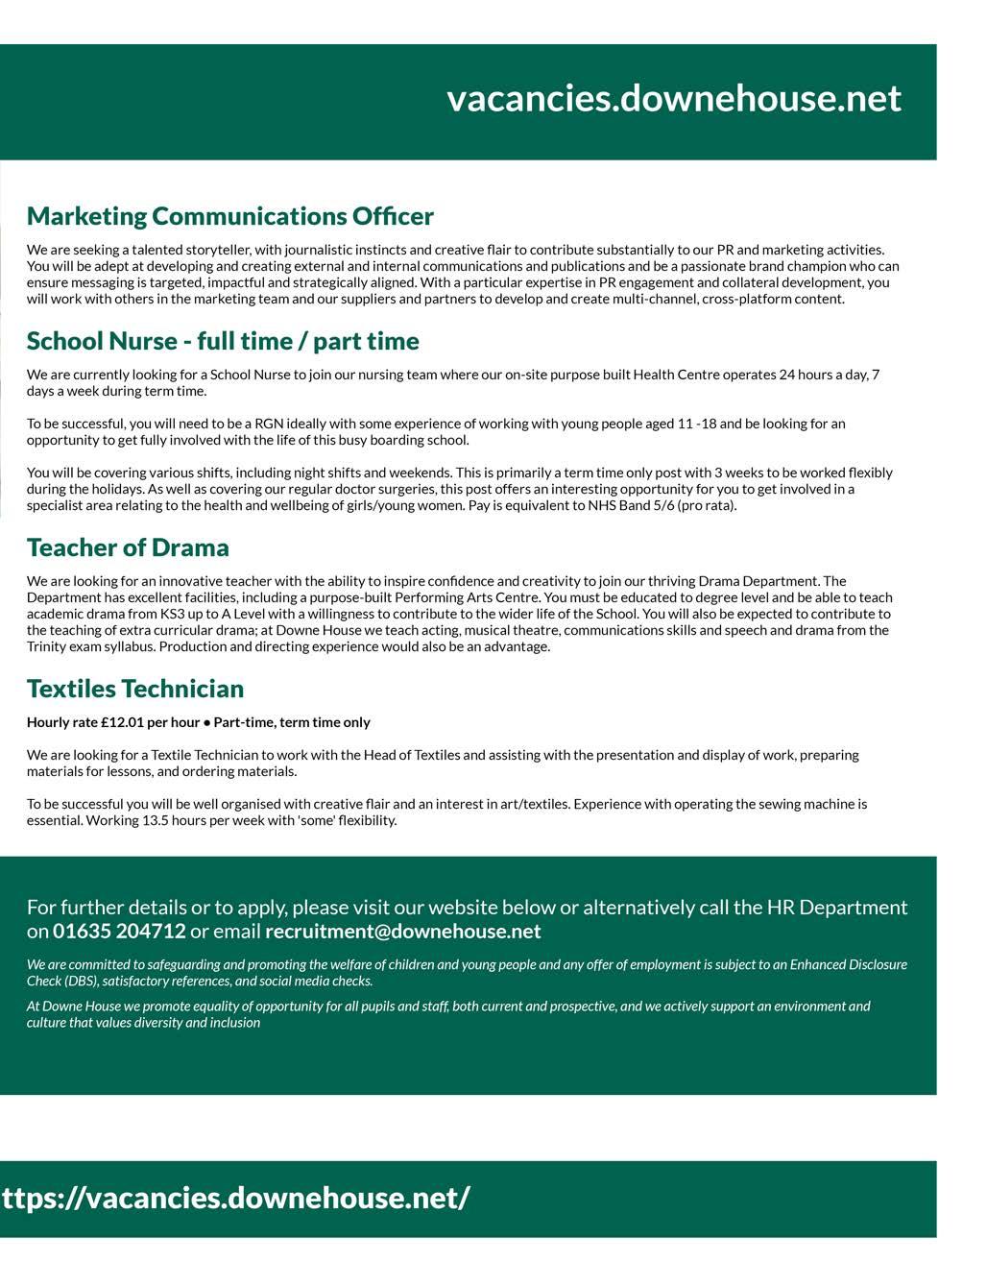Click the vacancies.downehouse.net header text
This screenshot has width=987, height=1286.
point(673,98)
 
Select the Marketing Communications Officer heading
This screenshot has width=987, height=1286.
point(229,216)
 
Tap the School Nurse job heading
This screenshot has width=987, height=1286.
point(223,341)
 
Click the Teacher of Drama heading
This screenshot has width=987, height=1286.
point(128,547)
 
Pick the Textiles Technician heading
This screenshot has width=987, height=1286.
point(135,689)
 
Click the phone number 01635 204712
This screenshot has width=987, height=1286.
point(119,931)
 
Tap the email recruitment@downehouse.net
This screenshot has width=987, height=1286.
point(402,931)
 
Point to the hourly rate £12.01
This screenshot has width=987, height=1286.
point(121,722)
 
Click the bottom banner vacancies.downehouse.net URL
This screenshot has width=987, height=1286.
point(235,1198)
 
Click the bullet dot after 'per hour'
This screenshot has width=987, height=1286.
point(206,722)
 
